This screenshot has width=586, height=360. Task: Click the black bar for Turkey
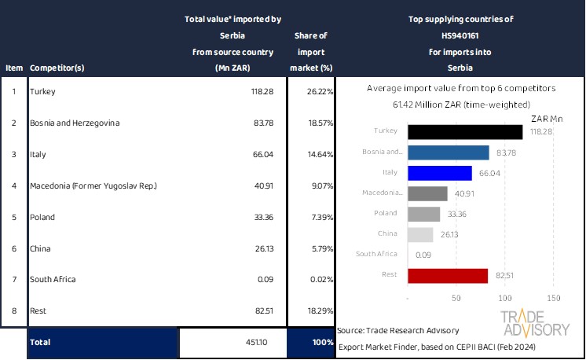pyautogui.click(x=465, y=132)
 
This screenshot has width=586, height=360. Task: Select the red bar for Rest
pyautogui.click(x=449, y=275)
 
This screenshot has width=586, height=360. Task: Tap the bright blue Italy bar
pyautogui.click(x=440, y=173)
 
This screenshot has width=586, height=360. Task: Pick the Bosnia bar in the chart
pyautogui.click(x=449, y=152)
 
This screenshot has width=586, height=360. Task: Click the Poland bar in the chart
pyautogui.click(x=424, y=214)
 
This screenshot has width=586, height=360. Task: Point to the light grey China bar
pyautogui.click(x=421, y=234)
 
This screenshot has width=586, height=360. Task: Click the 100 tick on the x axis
pyautogui.click(x=504, y=299)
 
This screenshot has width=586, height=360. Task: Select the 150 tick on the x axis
pyautogui.click(x=553, y=299)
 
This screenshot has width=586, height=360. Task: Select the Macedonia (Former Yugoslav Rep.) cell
pyautogui.click(x=93, y=186)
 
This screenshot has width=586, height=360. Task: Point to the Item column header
pyautogui.click(x=14, y=68)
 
